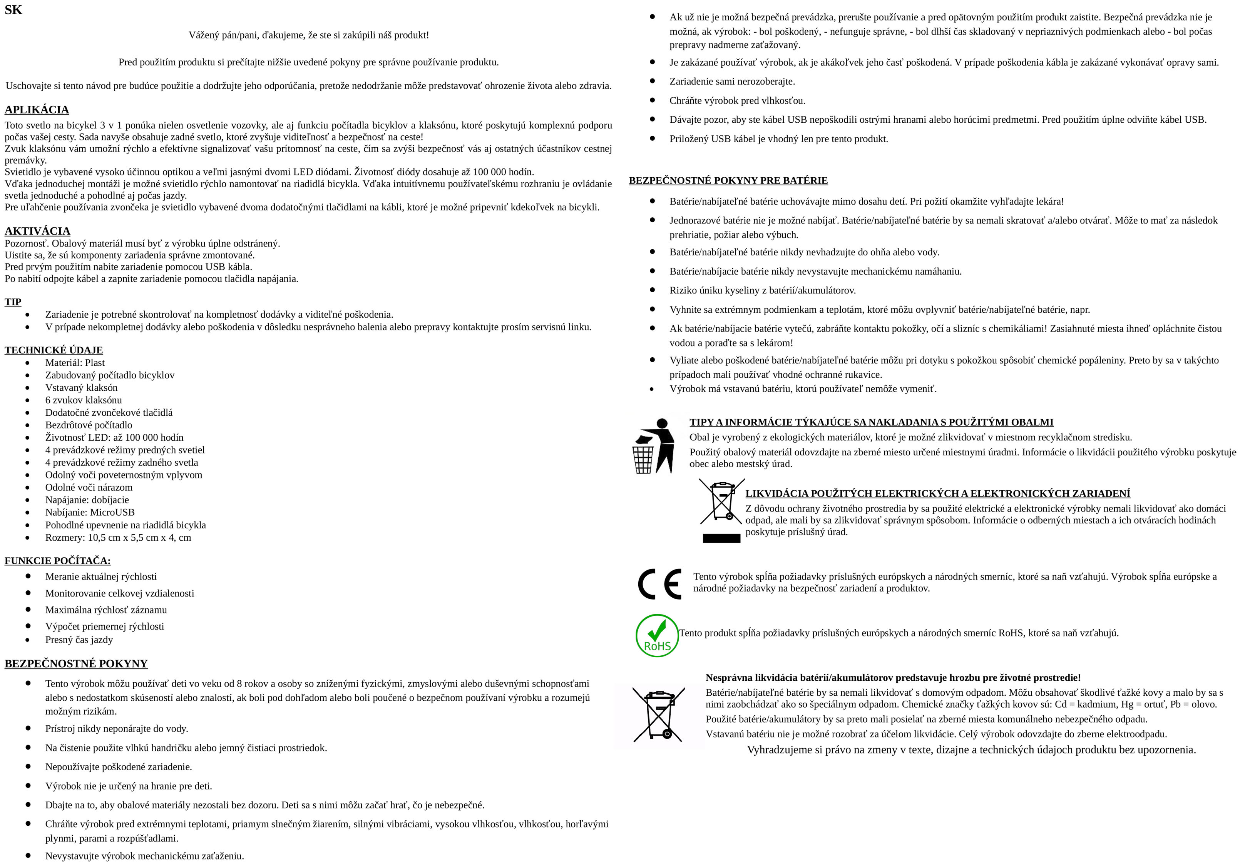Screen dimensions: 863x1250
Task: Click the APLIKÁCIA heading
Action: click(x=37, y=110)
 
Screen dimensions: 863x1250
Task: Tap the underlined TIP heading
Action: click(x=13, y=302)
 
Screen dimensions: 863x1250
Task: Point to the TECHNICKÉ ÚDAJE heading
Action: click(x=54, y=350)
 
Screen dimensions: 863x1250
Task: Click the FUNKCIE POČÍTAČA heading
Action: click(x=57, y=561)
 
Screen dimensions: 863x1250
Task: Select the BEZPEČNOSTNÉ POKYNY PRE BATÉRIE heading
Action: click(x=728, y=181)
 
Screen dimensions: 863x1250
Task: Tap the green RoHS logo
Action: click(x=657, y=635)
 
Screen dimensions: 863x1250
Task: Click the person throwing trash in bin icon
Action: click(x=654, y=446)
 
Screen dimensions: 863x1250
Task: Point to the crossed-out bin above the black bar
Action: click(x=722, y=502)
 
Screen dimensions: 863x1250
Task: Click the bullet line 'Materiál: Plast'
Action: click(x=75, y=363)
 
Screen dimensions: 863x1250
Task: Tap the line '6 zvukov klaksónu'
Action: click(x=83, y=400)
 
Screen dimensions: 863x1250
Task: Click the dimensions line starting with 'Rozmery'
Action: click(x=118, y=538)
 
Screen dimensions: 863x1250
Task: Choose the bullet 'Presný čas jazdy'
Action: click(x=79, y=640)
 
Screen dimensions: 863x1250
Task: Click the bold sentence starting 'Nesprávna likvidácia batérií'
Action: click(x=893, y=678)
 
